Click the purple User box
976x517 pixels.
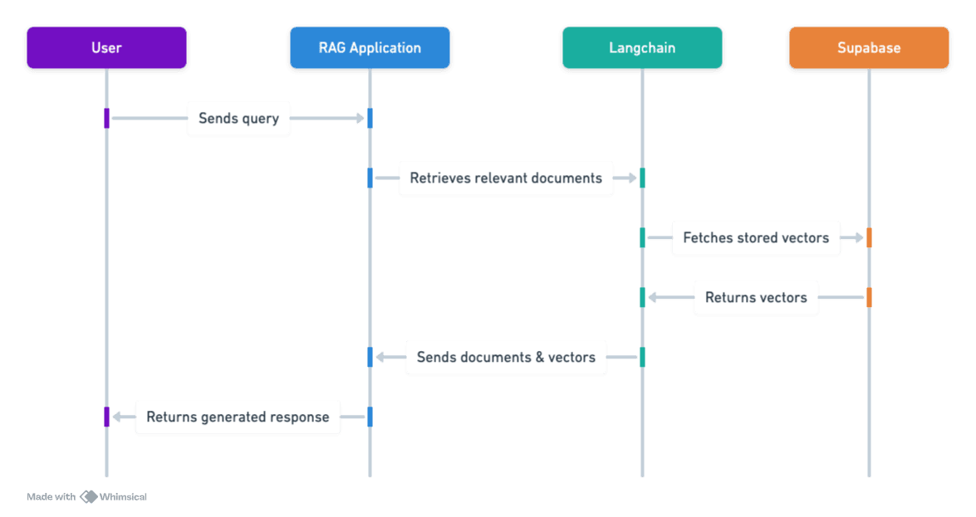click(106, 47)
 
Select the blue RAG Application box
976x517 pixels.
click(370, 47)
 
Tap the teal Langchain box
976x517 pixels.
click(641, 47)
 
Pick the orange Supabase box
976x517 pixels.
click(869, 47)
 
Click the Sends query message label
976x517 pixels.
click(238, 119)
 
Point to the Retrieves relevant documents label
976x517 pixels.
click(506, 178)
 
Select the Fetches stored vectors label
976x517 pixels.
click(756, 238)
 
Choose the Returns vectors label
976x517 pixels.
click(756, 298)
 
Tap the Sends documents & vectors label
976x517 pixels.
click(506, 358)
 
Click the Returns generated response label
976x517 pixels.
click(238, 417)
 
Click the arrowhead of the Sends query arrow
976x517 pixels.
click(360, 119)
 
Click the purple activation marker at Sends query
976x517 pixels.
click(106, 119)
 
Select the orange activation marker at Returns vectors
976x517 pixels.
click(869, 298)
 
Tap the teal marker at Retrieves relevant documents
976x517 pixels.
click(642, 178)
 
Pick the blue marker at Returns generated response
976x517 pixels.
click(370, 417)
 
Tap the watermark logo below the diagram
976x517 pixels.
click(88, 497)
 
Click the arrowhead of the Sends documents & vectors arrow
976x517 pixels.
click(380, 358)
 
